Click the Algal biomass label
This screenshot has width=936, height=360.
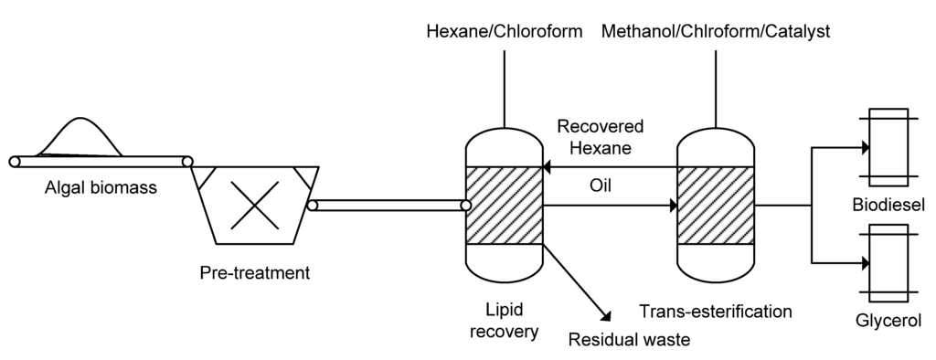click(x=101, y=189)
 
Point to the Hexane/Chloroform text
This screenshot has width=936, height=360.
click(x=505, y=33)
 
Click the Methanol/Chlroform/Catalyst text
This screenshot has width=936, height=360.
click(x=716, y=33)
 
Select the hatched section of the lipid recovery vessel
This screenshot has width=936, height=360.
click(x=505, y=206)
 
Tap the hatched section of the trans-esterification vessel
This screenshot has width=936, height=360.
click(x=716, y=206)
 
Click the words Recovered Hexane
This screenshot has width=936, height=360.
click(x=601, y=136)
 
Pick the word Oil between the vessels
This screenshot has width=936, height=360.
click(x=600, y=185)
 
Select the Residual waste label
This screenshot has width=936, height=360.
click(x=629, y=340)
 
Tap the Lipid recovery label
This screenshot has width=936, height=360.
click(x=504, y=320)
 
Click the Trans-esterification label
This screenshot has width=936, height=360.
click(x=717, y=311)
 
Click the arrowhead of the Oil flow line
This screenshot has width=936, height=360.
click(x=670, y=206)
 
